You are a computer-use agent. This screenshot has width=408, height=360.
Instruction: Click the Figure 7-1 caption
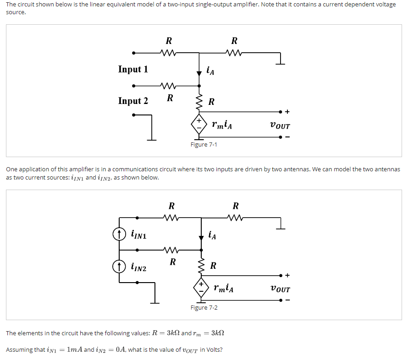tap(204, 145)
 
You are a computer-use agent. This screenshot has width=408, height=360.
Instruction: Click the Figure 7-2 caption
tap(204, 307)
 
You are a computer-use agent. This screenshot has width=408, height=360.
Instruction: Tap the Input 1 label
tap(133, 69)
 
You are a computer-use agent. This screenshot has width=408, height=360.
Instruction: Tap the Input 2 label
tap(133, 101)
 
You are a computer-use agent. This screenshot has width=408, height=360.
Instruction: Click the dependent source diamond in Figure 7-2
tap(201, 288)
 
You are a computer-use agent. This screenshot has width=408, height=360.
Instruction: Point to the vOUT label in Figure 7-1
tap(280, 125)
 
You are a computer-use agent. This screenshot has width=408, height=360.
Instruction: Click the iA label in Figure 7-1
tap(210, 71)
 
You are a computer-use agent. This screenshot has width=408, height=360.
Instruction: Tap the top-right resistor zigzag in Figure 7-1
tap(234, 53)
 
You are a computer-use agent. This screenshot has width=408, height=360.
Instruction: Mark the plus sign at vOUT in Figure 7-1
tap(287, 111)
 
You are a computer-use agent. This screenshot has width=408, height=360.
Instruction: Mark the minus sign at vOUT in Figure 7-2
tap(287, 301)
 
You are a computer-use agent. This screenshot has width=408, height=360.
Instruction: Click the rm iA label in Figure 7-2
tap(223, 289)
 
